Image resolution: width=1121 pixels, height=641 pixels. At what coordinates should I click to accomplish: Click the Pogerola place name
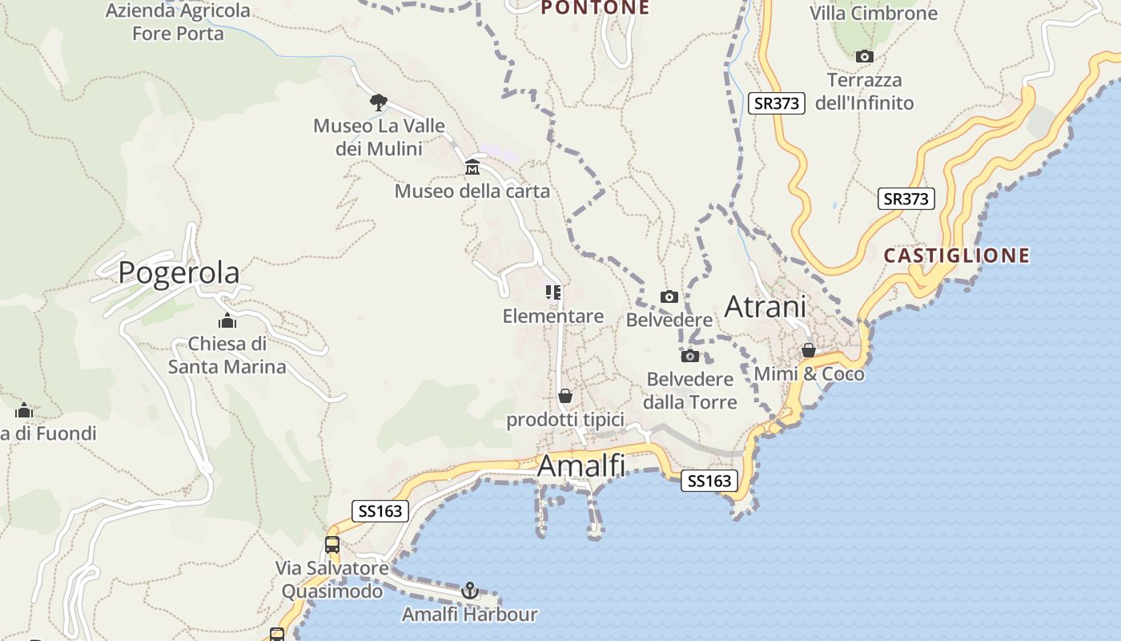click(x=179, y=273)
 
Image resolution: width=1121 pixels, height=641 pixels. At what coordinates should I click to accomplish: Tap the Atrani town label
click(x=765, y=306)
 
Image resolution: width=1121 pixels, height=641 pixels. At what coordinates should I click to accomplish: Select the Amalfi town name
click(x=581, y=466)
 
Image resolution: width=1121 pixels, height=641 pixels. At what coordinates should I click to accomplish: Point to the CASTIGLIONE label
click(x=956, y=256)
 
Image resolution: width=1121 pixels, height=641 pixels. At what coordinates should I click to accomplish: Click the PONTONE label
click(x=594, y=8)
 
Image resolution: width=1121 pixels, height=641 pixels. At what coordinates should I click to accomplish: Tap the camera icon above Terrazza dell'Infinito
click(x=864, y=56)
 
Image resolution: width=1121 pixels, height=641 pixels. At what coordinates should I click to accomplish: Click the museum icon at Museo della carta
click(x=472, y=167)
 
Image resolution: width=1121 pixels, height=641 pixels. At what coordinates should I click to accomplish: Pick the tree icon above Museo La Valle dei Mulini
click(x=379, y=102)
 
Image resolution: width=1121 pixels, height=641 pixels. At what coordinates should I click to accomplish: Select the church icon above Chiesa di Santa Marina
click(x=227, y=321)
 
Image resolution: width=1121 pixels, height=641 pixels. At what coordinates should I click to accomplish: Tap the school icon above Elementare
click(x=552, y=292)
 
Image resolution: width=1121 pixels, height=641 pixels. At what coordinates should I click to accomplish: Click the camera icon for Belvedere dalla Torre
click(x=690, y=356)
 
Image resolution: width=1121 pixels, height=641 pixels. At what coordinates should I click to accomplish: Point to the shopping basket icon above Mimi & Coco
click(x=809, y=351)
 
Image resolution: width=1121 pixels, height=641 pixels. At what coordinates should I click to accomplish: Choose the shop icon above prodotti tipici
click(x=565, y=396)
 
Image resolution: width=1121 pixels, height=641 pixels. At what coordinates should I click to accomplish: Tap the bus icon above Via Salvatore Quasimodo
click(x=332, y=545)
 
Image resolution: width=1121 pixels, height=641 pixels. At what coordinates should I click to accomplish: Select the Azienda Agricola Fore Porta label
click(x=178, y=22)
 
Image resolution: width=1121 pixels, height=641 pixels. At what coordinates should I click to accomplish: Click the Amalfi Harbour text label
click(x=469, y=615)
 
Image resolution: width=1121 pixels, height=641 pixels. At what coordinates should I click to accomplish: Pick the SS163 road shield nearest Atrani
click(x=709, y=481)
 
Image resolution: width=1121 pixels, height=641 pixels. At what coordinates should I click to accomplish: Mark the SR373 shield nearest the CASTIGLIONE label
click(x=906, y=199)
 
